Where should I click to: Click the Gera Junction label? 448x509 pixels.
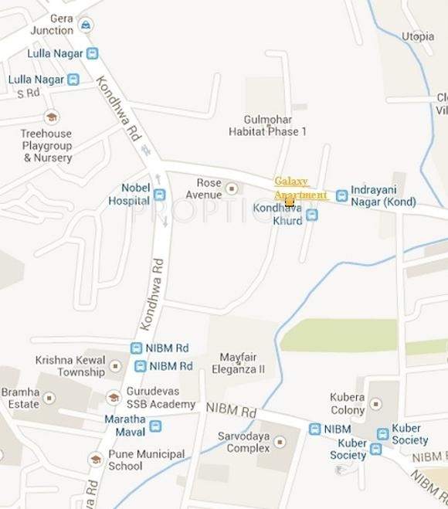coord(51,24)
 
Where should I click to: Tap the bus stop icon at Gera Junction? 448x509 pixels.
coord(87,25)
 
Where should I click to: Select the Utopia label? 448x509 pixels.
coord(417,36)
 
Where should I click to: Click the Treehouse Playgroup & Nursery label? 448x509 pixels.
coord(46,145)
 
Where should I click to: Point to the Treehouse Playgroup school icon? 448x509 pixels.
coord(51,117)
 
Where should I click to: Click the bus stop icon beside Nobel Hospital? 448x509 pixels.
coord(159,195)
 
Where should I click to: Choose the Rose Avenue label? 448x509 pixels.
coord(209,188)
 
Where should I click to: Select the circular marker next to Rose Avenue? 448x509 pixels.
coord(231,188)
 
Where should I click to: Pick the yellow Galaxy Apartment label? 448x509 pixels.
coord(300,188)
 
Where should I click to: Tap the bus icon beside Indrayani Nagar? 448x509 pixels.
coord(341,195)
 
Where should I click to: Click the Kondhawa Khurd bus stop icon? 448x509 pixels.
coord(311,215)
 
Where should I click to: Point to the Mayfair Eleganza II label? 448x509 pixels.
coord(242,363)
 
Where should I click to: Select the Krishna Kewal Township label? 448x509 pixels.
coord(70,366)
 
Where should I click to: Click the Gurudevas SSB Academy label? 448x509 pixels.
coord(161,399)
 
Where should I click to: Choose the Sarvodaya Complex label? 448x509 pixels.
coord(243,442)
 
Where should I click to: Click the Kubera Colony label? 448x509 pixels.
coord(347,403)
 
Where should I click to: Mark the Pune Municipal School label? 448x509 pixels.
coord(146,460)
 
